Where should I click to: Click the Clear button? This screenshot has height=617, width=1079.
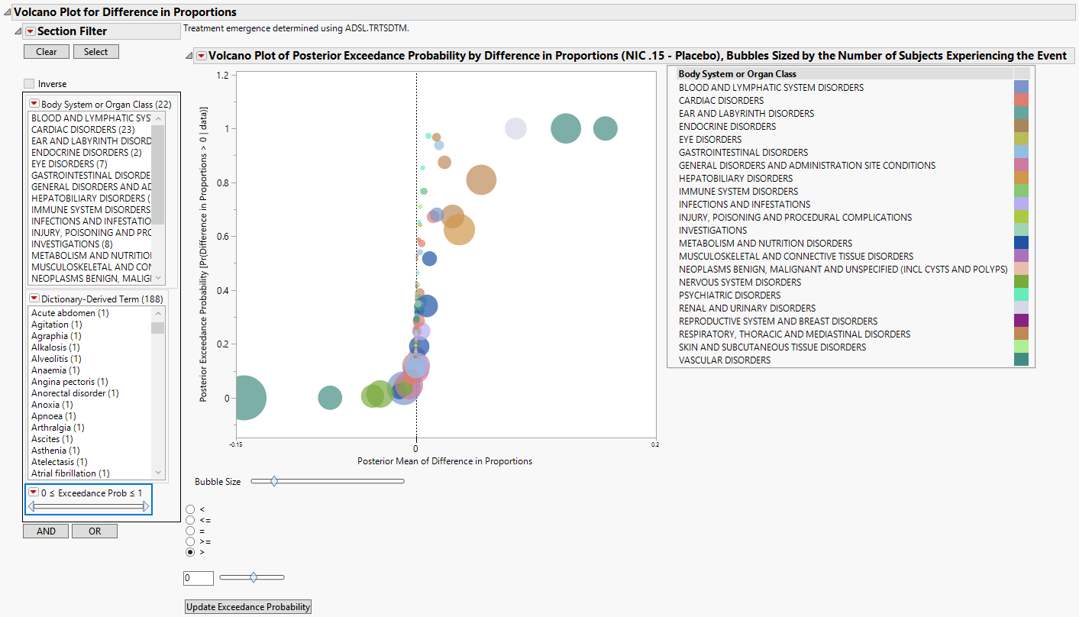coord(46,52)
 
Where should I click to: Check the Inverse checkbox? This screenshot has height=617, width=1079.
coord(29,84)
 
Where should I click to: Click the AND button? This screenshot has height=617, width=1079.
coord(46,531)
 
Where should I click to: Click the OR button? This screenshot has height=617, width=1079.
coord(95,531)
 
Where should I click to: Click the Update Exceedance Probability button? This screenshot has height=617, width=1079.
coord(248,607)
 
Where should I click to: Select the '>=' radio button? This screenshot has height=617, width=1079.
coord(190,541)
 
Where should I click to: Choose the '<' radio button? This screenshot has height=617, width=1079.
coord(190,509)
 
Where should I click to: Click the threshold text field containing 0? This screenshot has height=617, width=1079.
coord(198,579)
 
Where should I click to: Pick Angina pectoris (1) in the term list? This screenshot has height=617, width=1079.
coord(69,382)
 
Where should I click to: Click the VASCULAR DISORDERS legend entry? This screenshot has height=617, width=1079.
coord(725,360)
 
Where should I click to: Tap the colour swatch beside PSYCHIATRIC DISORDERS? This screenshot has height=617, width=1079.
coord(1021,296)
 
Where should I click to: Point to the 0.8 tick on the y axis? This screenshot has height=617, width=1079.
coord(223,183)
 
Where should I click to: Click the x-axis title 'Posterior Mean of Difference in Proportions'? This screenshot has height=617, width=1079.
coord(444,461)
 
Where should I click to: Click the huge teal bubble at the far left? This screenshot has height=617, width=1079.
coord(244,398)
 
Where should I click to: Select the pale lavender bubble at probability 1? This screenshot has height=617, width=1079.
coord(516,129)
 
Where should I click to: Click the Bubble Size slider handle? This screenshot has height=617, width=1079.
coord(274,481)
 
